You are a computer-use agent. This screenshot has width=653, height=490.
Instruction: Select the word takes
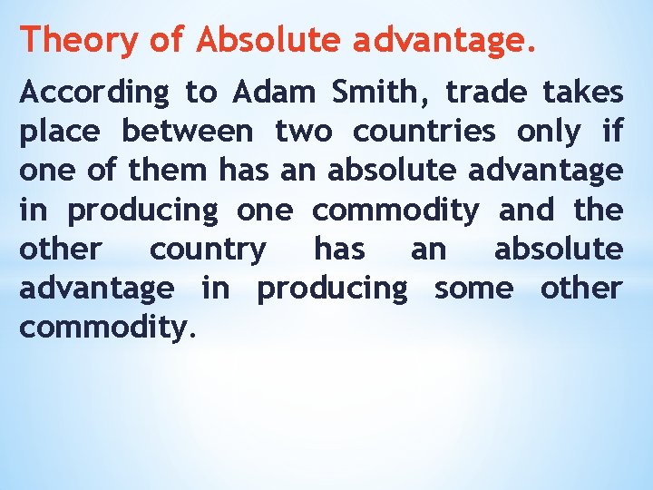point(583,92)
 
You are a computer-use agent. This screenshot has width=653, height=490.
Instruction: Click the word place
point(61,132)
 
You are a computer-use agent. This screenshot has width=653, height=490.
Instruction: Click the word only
point(548,132)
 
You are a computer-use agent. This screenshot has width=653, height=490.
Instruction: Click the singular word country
point(209,250)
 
